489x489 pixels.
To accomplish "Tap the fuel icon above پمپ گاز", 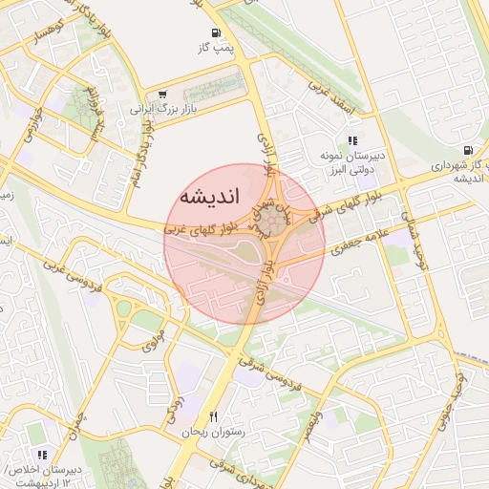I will coord(209,32).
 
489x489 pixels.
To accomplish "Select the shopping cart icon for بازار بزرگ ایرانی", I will coord(163,95).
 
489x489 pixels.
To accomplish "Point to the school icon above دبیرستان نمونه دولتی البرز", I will coord(352,140).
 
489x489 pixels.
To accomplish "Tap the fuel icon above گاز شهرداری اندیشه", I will coord(467,149).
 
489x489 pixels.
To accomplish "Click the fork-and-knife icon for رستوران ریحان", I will coord(214,417).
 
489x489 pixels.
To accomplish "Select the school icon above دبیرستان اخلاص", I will coord(41,456).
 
